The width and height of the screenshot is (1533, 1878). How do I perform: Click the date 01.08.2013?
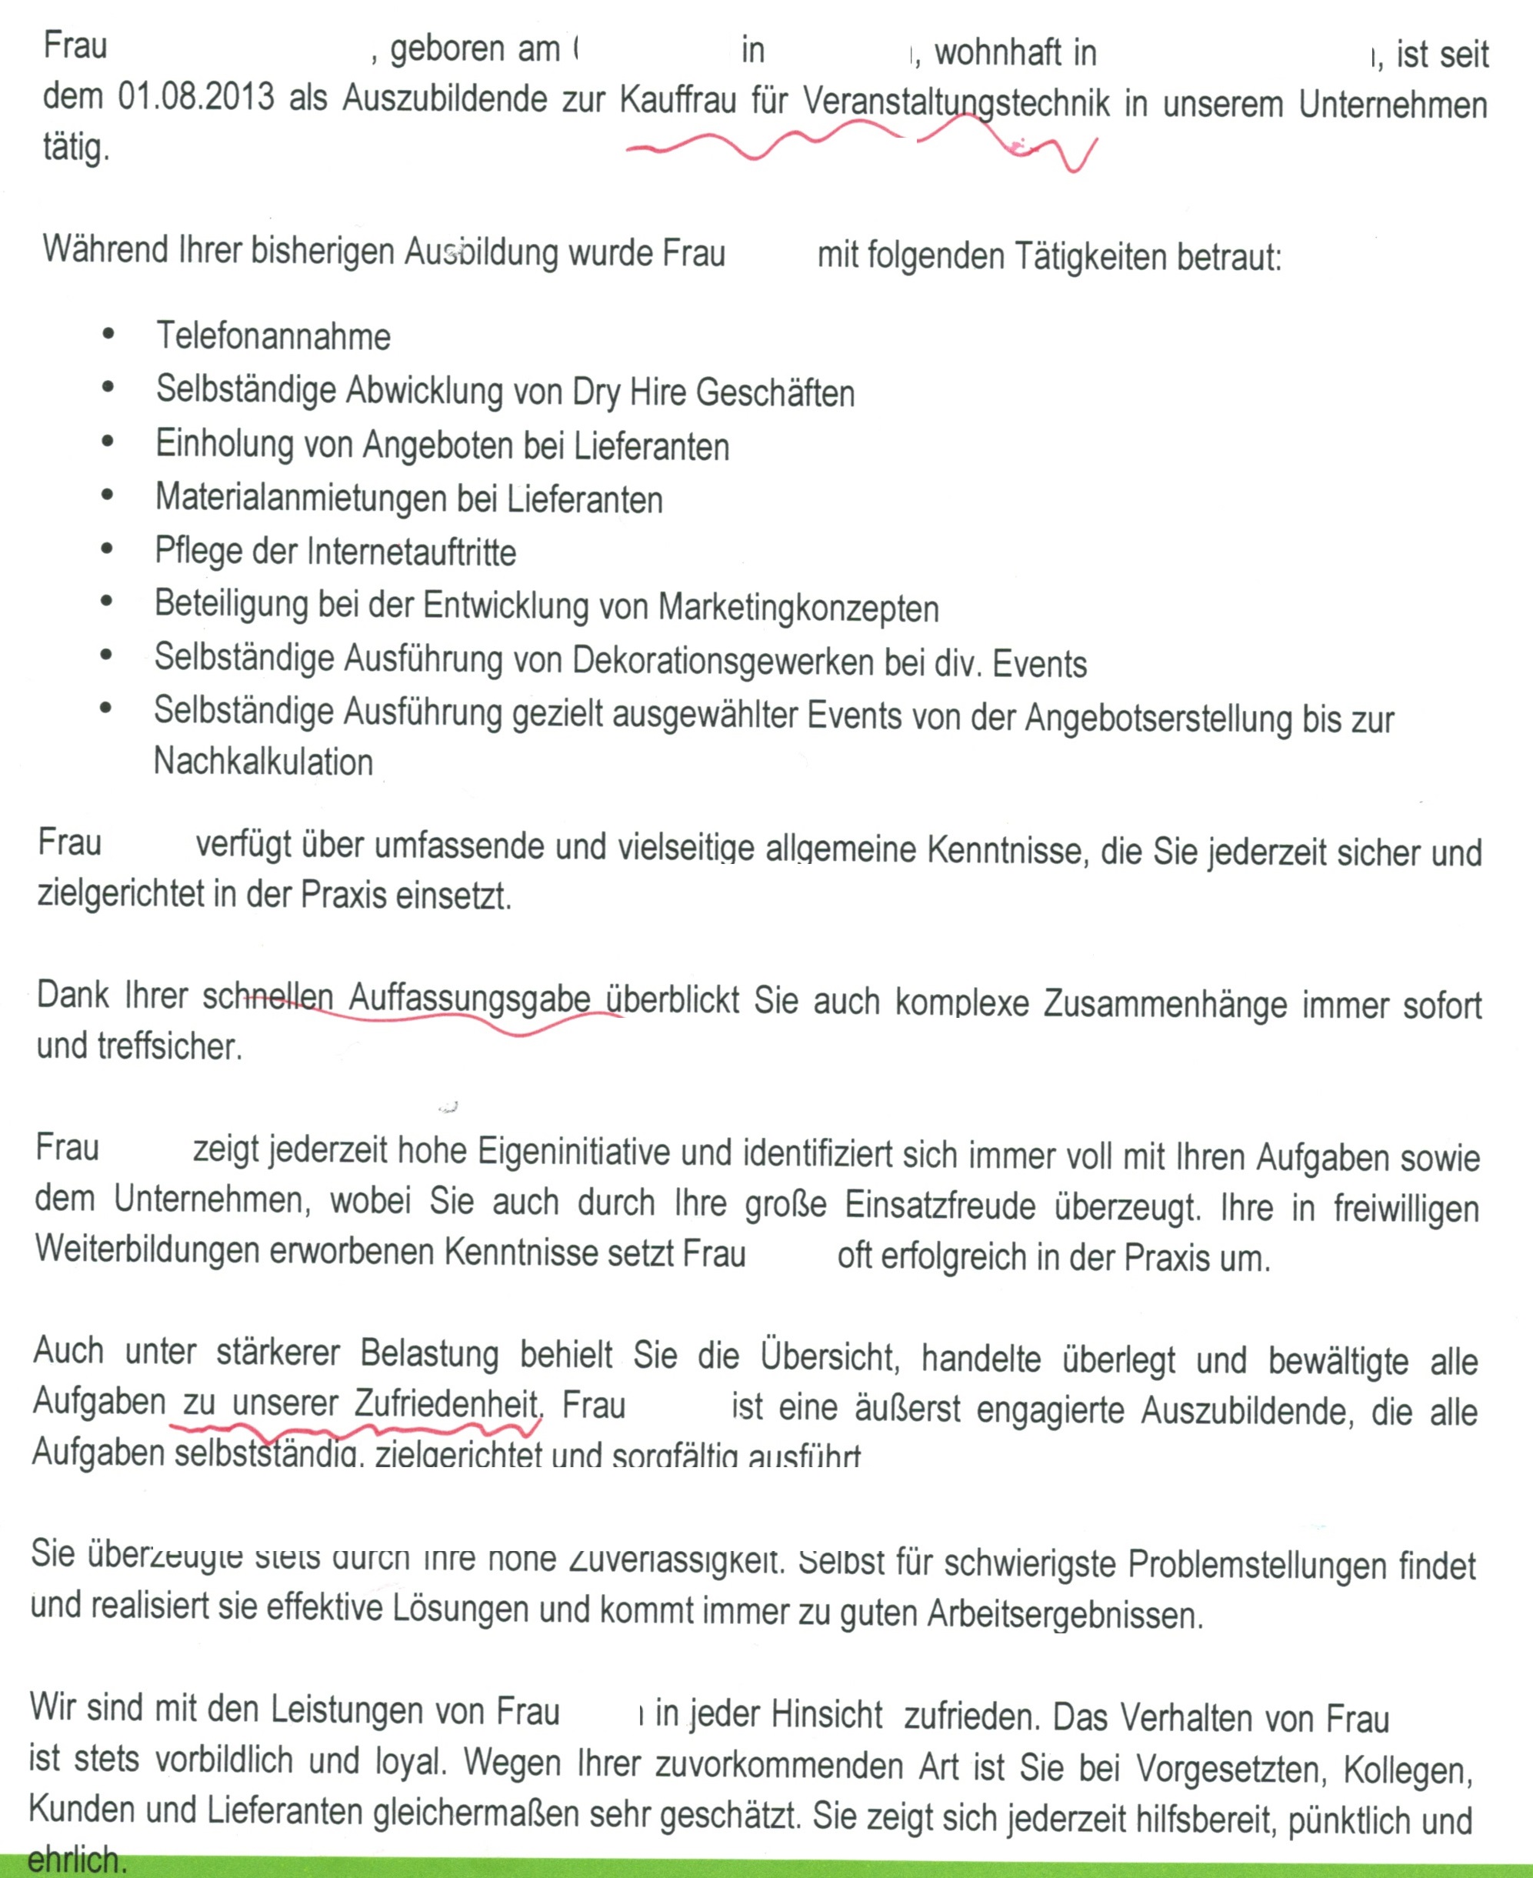[x=196, y=97]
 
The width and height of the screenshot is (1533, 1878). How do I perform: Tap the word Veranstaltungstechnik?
[x=955, y=102]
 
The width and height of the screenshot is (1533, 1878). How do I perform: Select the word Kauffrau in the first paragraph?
[x=678, y=100]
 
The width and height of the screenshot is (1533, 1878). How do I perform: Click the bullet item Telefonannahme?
[x=273, y=336]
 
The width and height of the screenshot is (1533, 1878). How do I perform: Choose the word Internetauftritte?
[x=411, y=553]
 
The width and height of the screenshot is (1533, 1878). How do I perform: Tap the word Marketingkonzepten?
[x=798, y=609]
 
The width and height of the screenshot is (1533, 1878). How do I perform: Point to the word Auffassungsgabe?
[x=469, y=999]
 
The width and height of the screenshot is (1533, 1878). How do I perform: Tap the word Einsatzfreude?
[x=940, y=1205]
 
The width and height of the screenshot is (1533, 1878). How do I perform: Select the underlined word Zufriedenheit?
[x=446, y=1403]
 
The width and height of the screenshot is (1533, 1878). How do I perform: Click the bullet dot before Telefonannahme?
[x=108, y=334]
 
